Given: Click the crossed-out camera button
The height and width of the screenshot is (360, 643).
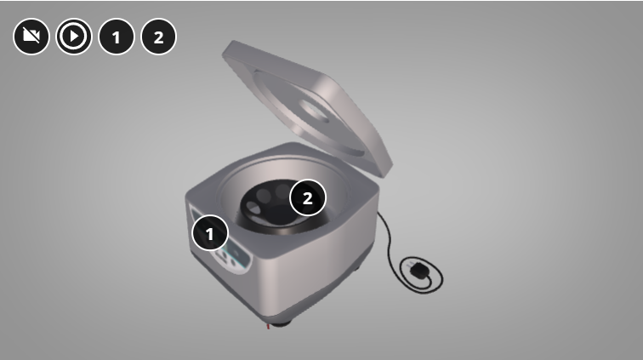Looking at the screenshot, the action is click(31, 37).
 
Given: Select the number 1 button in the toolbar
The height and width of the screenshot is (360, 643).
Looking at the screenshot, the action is click(117, 37).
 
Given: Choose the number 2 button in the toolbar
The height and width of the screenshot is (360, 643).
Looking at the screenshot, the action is click(159, 37).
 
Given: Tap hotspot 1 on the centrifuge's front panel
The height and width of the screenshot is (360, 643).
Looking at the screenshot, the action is click(210, 233).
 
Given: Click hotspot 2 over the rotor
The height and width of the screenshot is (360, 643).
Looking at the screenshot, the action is click(308, 197).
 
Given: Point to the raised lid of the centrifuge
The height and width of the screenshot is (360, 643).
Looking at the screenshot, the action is click(308, 107).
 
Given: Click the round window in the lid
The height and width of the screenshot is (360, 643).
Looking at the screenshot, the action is click(314, 110).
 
